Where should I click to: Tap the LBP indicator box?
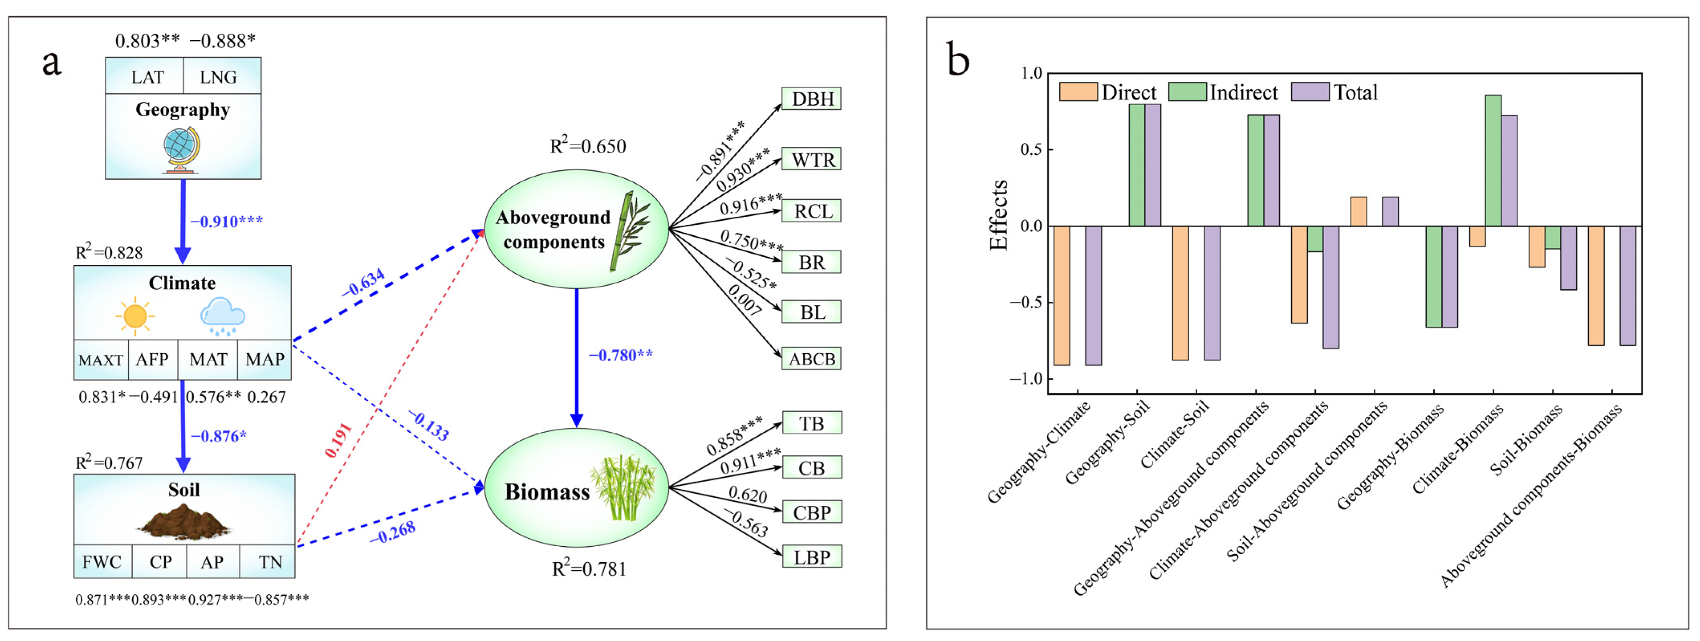pyautogui.click(x=812, y=557)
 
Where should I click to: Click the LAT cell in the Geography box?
pyautogui.click(x=146, y=77)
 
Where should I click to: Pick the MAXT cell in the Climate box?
pyautogui.click(x=100, y=360)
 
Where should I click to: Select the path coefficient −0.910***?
pyautogui.click(x=226, y=221)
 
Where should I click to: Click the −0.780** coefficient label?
pyautogui.click(x=620, y=355)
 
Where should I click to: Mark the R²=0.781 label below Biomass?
pyautogui.click(x=589, y=568)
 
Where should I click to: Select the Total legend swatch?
pyautogui.click(x=1309, y=92)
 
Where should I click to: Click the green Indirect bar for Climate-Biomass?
pyautogui.click(x=1493, y=161)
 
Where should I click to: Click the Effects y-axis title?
pyautogui.click(x=999, y=215)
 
